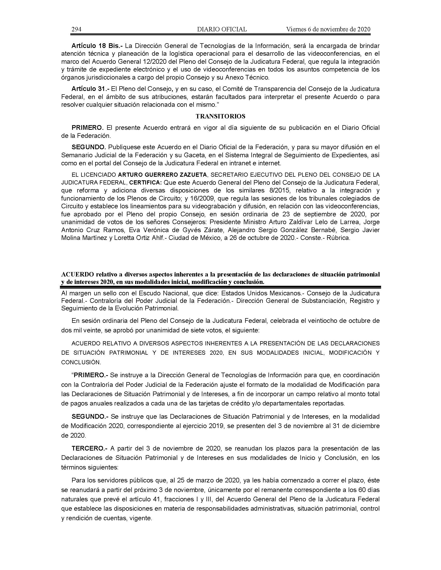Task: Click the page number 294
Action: coord(76,29)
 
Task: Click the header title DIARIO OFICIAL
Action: coord(222,29)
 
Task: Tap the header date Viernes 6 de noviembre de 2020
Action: coord(328,29)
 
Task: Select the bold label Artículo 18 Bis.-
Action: coord(97,46)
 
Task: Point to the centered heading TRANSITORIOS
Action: coord(220,116)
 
